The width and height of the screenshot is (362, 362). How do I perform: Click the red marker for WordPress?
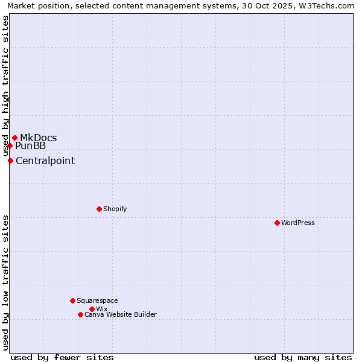point(277,223)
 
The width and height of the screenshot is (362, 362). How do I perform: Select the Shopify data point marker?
point(99,209)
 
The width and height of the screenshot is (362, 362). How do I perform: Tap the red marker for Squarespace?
point(72,300)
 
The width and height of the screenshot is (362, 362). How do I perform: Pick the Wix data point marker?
point(92,309)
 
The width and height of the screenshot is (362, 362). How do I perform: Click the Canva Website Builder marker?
point(80,314)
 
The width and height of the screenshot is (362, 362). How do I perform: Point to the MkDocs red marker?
point(14,138)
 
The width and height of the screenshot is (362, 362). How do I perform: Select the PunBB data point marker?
point(10,145)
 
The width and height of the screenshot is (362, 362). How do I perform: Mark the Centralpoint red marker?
point(10,160)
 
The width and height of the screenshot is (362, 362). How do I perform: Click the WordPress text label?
point(298,223)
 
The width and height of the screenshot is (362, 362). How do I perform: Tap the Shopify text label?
point(115,209)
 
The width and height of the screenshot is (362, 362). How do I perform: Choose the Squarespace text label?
point(97,300)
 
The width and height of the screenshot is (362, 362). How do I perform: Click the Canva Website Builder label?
point(121,314)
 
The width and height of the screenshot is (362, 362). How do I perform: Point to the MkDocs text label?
point(38,138)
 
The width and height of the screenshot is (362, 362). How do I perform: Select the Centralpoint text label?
point(45,160)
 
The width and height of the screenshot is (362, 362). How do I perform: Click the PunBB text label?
point(30,145)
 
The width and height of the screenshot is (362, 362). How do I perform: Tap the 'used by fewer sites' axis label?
point(62,357)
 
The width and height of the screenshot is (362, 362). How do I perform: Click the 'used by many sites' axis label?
point(303,357)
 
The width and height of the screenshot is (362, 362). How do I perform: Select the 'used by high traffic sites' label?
point(5,86)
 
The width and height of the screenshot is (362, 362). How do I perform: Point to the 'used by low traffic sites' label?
point(5,282)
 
